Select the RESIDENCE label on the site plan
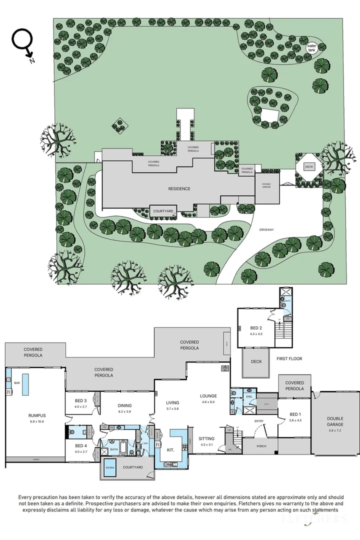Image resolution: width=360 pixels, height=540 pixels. [178, 188]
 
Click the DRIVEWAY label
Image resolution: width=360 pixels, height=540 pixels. [267, 229]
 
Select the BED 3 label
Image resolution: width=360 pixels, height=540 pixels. [81, 401]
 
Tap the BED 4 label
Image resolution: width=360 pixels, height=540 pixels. [81, 446]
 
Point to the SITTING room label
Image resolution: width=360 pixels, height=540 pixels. [206, 438]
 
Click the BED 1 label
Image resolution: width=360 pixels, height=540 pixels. [295, 414]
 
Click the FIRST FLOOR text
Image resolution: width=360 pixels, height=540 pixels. [289, 359]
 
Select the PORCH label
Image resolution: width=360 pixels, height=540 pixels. [260, 446]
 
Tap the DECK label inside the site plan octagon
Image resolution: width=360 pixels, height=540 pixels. [309, 166]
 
